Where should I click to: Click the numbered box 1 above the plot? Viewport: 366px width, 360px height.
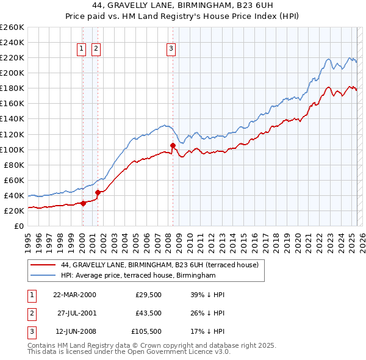tap(81, 49)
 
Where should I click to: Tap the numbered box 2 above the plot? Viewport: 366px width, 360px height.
tap(96, 49)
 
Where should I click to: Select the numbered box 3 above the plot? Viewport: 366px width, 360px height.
tap(171, 49)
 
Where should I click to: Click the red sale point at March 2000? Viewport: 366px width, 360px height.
tap(84, 204)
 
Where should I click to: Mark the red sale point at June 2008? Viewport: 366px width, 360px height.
tap(173, 145)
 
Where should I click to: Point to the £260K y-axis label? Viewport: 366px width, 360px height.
tap(12, 27)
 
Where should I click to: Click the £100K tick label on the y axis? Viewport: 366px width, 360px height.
tap(12, 149)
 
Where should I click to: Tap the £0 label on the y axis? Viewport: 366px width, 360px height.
tap(18, 226)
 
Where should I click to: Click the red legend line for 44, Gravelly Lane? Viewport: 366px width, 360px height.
tap(43, 265)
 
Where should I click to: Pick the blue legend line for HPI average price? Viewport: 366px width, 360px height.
tap(43, 276)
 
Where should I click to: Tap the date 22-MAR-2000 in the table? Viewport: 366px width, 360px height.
tap(75, 295)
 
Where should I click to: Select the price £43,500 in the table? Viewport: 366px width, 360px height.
tap(148, 314)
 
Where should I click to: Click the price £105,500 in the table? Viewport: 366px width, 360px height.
tap(146, 333)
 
